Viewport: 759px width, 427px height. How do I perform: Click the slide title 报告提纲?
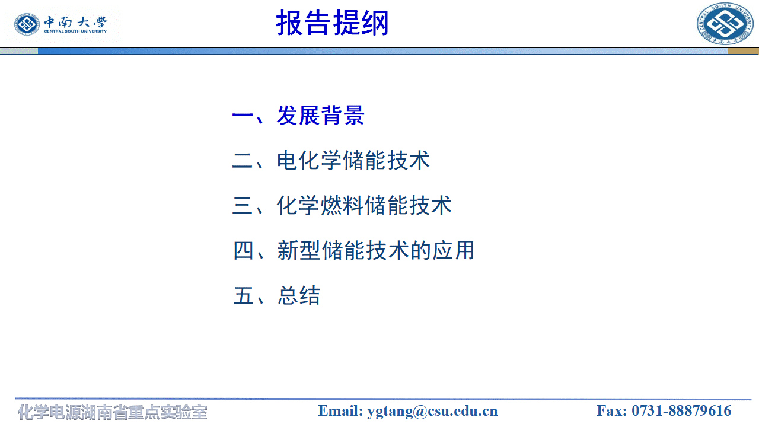tap(332, 24)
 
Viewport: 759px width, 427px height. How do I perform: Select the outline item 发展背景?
tap(320, 116)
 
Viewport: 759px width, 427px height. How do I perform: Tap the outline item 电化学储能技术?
tap(353, 161)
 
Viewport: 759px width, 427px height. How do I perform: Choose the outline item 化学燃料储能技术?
tap(364, 206)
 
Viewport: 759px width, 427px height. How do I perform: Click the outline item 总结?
tap(299, 295)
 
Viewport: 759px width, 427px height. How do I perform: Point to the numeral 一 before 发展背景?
tap(243, 116)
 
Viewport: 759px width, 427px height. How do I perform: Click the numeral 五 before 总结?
tap(244, 295)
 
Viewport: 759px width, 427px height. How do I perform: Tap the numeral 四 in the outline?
tap(244, 251)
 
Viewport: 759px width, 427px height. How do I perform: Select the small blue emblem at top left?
tap(27, 24)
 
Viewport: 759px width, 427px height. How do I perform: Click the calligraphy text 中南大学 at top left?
tap(75, 23)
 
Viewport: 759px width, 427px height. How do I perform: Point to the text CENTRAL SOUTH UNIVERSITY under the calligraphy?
tap(75, 31)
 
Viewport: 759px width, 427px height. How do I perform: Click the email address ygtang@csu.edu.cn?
tap(432, 411)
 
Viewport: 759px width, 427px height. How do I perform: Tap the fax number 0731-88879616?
tap(681, 411)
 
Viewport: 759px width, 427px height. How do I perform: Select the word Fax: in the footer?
tap(612, 411)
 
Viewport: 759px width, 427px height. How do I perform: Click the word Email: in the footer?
tap(340, 411)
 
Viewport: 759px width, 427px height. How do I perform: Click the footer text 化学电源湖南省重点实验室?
tap(113, 412)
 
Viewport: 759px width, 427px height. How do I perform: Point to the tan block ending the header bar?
tap(743, 51)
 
